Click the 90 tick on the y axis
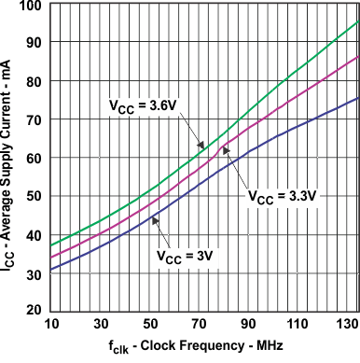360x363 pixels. (x=34, y=43)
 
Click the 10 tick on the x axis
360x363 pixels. (x=51, y=322)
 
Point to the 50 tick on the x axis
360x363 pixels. (x=150, y=322)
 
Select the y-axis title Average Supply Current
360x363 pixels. (x=11, y=168)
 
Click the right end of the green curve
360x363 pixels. (x=358, y=21)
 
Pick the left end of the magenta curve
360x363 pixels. (x=51, y=258)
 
